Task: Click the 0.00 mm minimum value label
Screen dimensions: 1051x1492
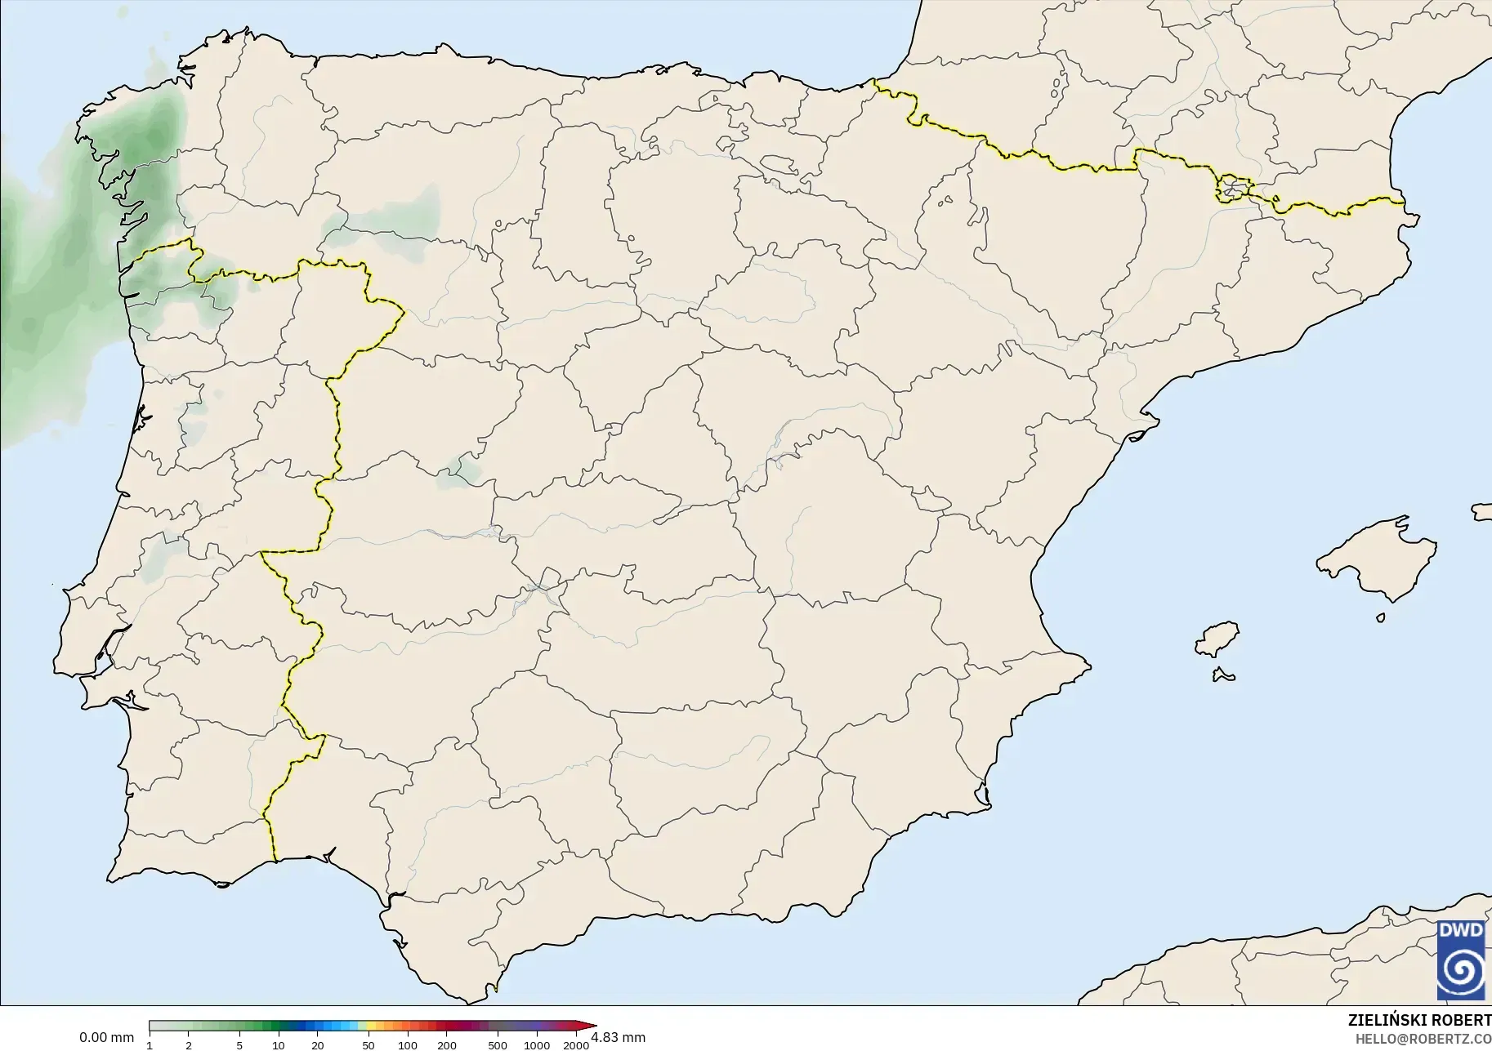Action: pyautogui.click(x=106, y=1038)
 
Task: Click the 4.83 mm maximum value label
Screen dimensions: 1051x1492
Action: pyautogui.click(x=618, y=1038)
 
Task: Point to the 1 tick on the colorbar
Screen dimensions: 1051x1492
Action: pyautogui.click(x=150, y=1045)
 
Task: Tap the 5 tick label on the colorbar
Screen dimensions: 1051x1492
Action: pyautogui.click(x=239, y=1045)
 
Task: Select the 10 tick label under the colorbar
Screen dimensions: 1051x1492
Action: pyautogui.click(x=279, y=1045)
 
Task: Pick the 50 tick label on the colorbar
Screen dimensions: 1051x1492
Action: pyautogui.click(x=369, y=1045)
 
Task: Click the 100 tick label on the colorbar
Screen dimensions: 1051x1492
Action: pyautogui.click(x=408, y=1045)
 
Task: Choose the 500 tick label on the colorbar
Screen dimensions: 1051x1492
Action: pyautogui.click(x=498, y=1045)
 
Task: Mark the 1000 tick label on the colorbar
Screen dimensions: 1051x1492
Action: pyautogui.click(x=537, y=1045)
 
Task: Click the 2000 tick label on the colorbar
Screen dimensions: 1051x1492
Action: pyautogui.click(x=576, y=1045)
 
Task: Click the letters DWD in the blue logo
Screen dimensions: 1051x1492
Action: pyautogui.click(x=1461, y=930)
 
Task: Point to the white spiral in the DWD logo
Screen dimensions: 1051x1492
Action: pyautogui.click(x=1461, y=971)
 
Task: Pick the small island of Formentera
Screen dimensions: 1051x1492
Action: pyautogui.click(x=1223, y=675)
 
